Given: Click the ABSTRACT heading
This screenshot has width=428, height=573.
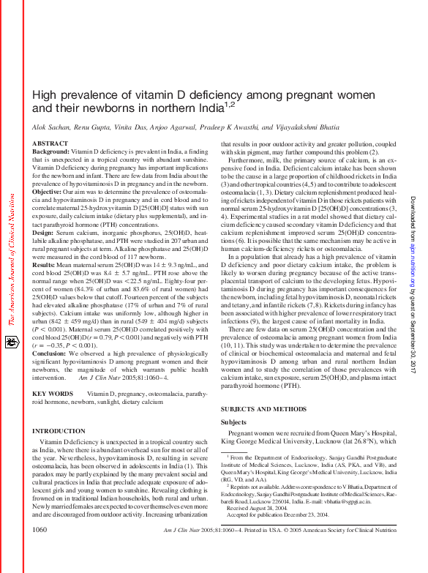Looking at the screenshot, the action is (x=50, y=143).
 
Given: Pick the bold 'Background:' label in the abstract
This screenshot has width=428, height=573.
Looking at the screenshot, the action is (x=50, y=151).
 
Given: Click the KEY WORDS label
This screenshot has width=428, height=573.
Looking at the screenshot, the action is (x=53, y=393).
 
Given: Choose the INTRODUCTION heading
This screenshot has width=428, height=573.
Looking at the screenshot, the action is (x=59, y=432).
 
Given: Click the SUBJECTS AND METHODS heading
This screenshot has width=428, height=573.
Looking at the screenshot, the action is (x=263, y=408).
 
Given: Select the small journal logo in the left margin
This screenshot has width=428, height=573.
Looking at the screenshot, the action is (x=12, y=342).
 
